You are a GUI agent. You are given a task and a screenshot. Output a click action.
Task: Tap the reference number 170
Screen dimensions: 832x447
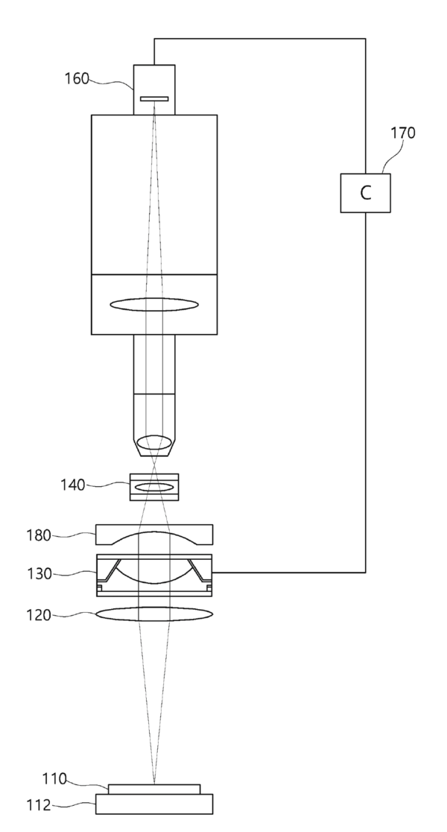click(x=403, y=133)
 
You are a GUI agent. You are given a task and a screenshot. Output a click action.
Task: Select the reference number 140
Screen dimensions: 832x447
click(x=73, y=485)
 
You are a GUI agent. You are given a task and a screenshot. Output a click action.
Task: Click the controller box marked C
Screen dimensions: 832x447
click(x=365, y=192)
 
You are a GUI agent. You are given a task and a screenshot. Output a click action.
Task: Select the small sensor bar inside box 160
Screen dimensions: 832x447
click(x=154, y=98)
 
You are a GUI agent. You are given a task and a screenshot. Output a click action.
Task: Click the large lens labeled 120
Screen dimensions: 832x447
click(x=154, y=614)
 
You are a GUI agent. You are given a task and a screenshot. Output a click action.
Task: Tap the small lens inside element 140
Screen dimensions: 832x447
click(x=154, y=487)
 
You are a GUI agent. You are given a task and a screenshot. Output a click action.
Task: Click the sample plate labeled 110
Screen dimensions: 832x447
click(x=154, y=789)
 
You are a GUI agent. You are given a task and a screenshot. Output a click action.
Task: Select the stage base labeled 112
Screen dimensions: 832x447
click(x=154, y=804)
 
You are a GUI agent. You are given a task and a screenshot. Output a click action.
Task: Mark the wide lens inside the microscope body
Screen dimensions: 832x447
click(x=154, y=303)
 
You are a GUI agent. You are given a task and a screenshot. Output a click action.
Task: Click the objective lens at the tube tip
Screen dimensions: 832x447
click(x=154, y=441)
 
